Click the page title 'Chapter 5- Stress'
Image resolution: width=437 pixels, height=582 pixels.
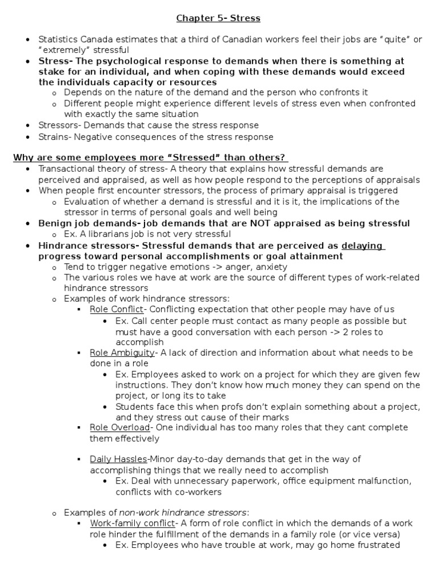click(218, 18)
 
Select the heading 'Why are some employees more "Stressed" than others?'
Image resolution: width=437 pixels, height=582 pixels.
click(150, 157)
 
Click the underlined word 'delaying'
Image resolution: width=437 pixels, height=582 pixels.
click(362, 246)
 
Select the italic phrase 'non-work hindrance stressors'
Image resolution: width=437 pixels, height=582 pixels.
click(183, 512)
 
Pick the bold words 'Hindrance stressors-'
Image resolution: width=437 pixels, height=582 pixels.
click(88, 246)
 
